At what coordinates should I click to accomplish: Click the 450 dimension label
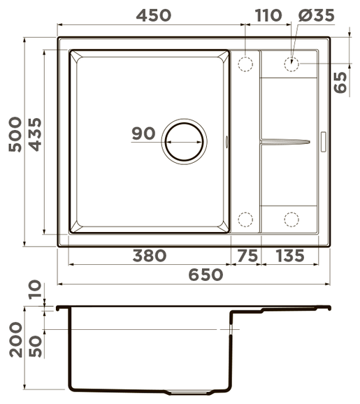(154, 15)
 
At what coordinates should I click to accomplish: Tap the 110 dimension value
(268, 15)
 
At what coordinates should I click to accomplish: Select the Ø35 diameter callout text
(317, 15)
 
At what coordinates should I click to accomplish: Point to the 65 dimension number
(340, 82)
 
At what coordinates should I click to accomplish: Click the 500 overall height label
(15, 134)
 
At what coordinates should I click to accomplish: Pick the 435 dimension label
(35, 134)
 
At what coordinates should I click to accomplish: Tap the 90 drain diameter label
(143, 134)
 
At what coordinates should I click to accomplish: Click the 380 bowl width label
(150, 256)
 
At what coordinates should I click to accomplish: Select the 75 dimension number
(247, 256)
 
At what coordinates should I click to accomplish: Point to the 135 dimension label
(290, 256)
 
